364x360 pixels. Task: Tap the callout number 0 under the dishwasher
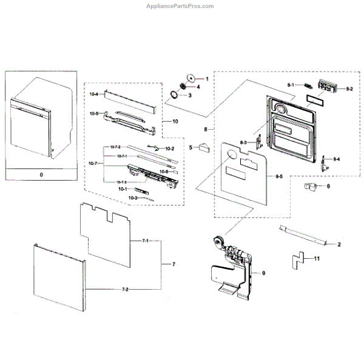click(x=41, y=174)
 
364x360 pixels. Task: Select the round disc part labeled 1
click(x=191, y=77)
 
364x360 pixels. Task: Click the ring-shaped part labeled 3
click(x=177, y=95)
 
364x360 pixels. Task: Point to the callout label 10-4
click(x=93, y=95)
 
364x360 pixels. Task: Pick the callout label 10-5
click(x=93, y=113)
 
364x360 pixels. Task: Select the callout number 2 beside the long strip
click(x=339, y=244)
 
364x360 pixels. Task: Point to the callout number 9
click(x=263, y=273)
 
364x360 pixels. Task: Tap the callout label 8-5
click(x=278, y=176)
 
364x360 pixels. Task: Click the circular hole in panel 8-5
click(x=232, y=156)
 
